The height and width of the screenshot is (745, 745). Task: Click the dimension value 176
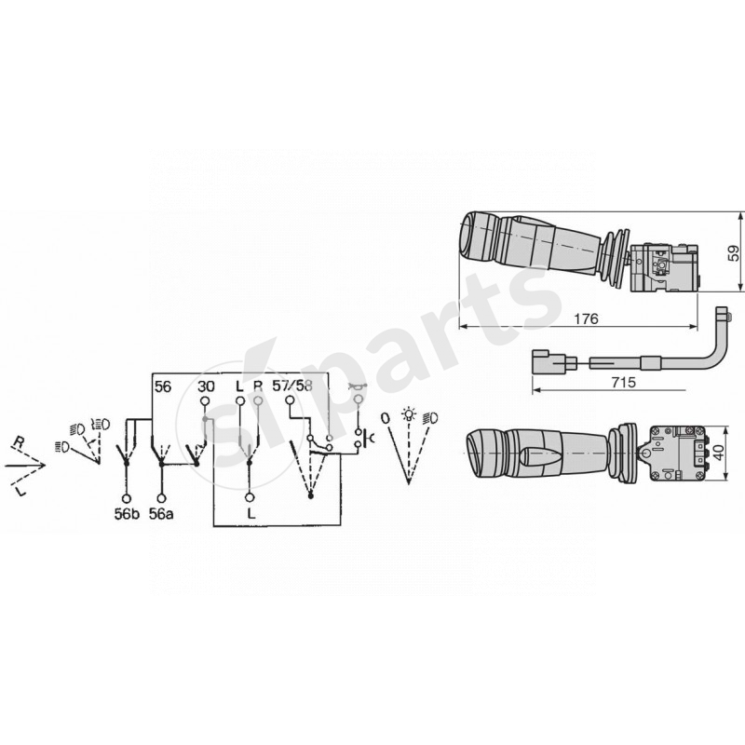(x=585, y=318)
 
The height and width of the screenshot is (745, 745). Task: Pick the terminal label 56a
(x=162, y=512)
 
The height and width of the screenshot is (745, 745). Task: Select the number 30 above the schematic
(x=208, y=386)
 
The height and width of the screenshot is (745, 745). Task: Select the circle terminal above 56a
(x=162, y=496)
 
